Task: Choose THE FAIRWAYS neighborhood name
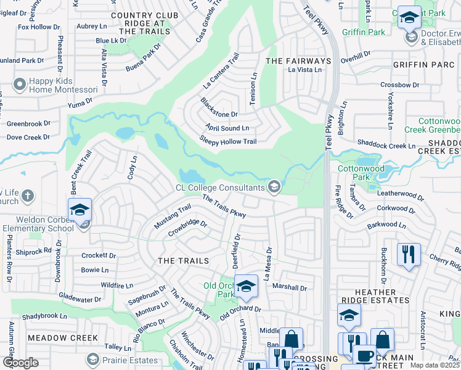(x=298, y=61)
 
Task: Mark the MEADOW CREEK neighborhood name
(x=63, y=338)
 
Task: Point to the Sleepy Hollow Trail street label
(x=227, y=141)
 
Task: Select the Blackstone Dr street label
(x=219, y=108)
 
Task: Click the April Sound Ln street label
(x=227, y=128)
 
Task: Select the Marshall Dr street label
(x=290, y=287)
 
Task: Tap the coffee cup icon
(x=364, y=356)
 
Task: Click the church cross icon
(x=27, y=197)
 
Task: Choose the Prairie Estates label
(x=127, y=358)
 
